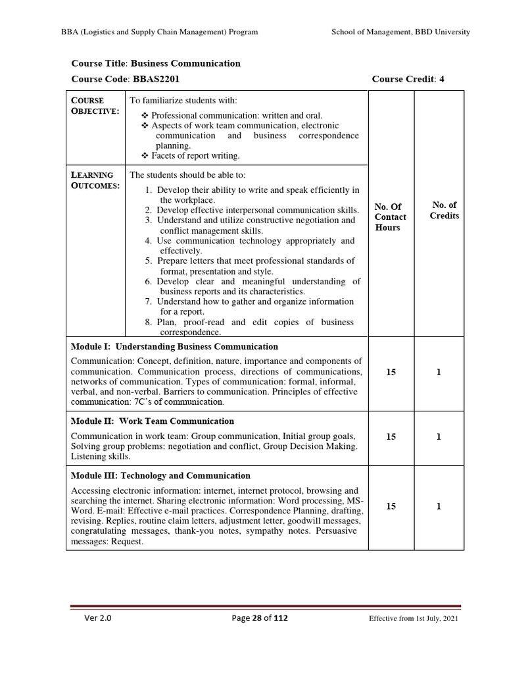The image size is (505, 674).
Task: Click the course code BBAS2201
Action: (x=156, y=80)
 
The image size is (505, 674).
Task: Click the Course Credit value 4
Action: (x=442, y=80)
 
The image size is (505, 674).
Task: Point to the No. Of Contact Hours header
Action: (x=390, y=217)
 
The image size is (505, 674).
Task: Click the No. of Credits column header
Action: (x=445, y=211)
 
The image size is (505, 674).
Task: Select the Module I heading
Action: (x=174, y=347)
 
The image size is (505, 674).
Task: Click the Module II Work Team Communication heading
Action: (x=153, y=421)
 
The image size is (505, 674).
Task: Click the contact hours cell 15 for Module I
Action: (x=391, y=373)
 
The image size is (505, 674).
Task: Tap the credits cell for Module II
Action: (x=439, y=437)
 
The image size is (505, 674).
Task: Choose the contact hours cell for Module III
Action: (x=391, y=506)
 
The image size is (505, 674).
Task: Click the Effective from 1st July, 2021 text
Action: (x=413, y=619)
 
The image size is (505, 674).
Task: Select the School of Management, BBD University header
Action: (x=400, y=32)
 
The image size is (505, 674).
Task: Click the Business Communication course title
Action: (x=185, y=64)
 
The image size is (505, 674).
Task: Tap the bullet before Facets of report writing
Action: (x=145, y=156)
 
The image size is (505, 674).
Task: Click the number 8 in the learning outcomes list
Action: (x=148, y=323)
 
